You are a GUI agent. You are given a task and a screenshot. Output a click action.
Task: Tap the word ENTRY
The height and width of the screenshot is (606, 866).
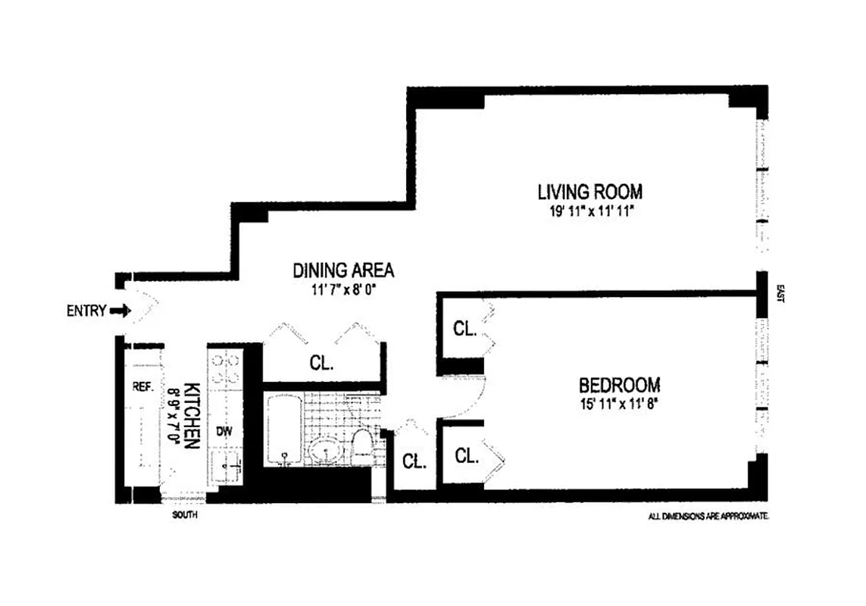(x=86, y=311)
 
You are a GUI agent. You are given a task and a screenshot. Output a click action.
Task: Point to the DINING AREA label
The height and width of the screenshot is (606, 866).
(x=343, y=270)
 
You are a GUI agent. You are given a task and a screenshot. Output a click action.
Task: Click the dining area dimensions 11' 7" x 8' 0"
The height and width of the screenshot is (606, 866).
(x=343, y=289)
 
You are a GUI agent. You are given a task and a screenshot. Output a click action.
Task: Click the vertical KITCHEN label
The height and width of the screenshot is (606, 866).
(x=191, y=414)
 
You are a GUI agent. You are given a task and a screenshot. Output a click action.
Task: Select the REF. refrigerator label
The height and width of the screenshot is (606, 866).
(x=143, y=386)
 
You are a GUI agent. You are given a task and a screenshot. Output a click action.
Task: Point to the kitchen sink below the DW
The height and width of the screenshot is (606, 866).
(x=225, y=464)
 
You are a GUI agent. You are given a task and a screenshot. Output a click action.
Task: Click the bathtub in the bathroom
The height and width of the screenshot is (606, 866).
(x=283, y=430)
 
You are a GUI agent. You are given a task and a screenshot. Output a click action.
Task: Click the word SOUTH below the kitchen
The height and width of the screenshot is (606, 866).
(x=185, y=515)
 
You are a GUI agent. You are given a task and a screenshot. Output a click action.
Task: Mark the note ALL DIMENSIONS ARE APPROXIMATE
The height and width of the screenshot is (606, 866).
(x=708, y=516)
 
